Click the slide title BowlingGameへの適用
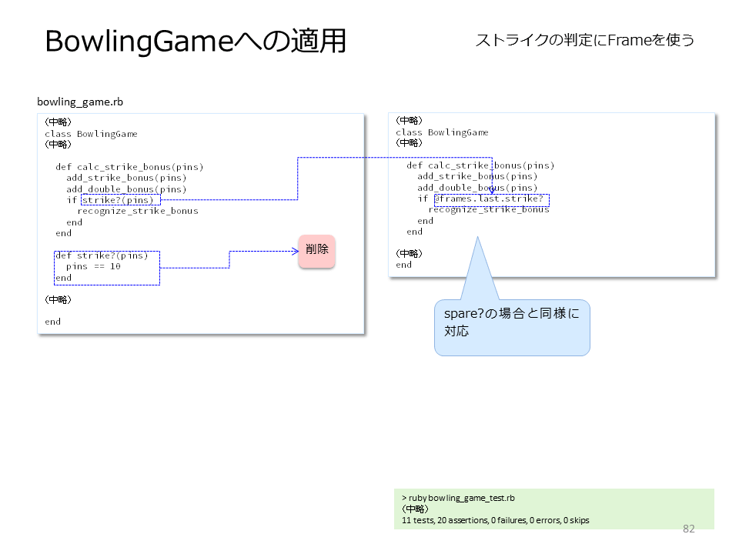coord(196,41)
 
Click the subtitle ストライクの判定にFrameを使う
coord(585,40)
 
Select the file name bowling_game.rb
coord(80,102)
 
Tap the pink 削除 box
coord(316,252)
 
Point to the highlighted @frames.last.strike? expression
coord(492,200)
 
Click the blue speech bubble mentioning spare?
coord(512,327)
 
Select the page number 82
coord(688,529)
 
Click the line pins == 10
coord(93,267)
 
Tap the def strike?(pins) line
coord(102,255)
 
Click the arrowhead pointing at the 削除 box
coord(296,251)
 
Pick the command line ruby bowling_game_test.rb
coord(458,498)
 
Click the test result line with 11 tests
coord(495,521)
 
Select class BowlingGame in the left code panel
coord(91,134)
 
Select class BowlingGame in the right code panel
coord(442,133)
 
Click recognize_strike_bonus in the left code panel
coord(138,211)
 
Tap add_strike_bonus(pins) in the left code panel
coord(126,178)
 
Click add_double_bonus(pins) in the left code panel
coord(126,189)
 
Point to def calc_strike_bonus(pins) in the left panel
coord(129,167)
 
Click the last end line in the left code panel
coord(53,322)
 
